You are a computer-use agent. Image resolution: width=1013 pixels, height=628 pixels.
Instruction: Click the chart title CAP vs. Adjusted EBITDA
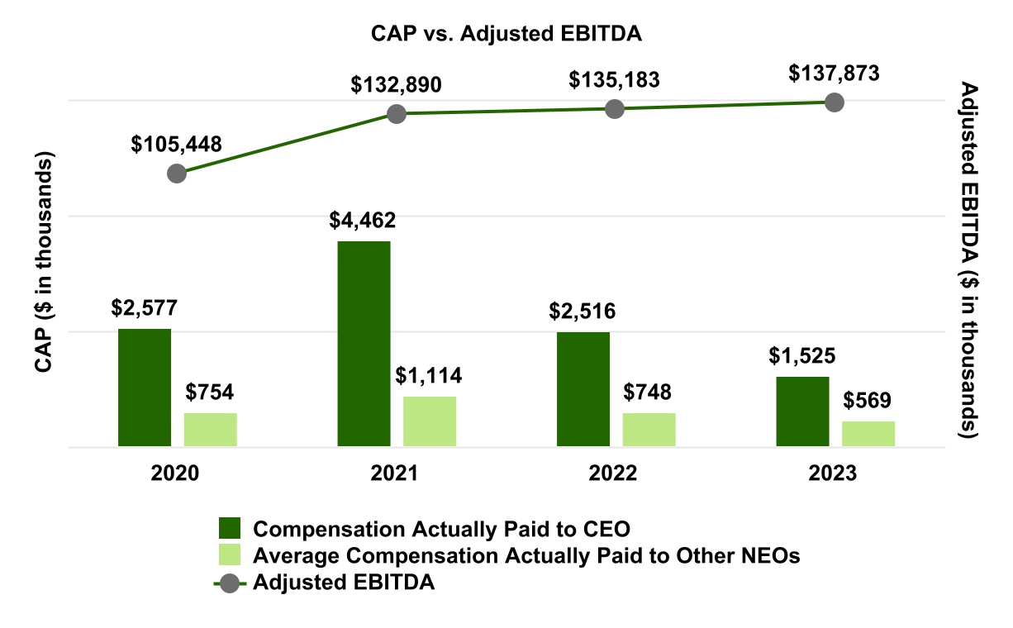tap(506, 34)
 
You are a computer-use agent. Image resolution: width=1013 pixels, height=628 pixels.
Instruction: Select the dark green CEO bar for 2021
tap(364, 344)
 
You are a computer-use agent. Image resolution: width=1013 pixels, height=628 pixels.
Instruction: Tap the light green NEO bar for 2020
tap(210, 430)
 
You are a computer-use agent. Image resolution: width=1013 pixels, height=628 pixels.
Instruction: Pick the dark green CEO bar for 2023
tap(802, 412)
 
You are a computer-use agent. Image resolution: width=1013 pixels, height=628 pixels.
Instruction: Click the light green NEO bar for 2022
tap(649, 430)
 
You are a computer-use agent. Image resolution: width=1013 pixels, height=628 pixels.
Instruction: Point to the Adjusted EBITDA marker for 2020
tap(176, 174)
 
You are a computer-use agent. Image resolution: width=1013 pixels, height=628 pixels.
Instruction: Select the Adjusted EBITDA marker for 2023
tap(835, 102)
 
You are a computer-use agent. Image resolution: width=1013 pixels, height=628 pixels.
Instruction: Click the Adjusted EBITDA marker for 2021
tap(397, 113)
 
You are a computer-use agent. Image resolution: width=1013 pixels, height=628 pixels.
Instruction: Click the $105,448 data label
tap(176, 144)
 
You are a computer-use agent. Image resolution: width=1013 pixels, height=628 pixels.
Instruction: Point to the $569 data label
tap(868, 401)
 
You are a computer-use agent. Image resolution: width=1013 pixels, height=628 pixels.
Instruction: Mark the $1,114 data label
tap(428, 376)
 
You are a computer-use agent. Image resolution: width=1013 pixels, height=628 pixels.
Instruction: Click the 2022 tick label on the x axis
tap(614, 474)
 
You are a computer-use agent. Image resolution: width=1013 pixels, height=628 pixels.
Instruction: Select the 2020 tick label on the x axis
tap(176, 474)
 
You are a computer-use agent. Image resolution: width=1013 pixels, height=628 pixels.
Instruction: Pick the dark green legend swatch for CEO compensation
tap(229, 529)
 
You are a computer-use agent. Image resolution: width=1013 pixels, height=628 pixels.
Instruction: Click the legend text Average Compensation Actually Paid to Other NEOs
tap(527, 555)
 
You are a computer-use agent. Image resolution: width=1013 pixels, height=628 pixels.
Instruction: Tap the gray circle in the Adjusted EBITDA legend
tap(229, 583)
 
